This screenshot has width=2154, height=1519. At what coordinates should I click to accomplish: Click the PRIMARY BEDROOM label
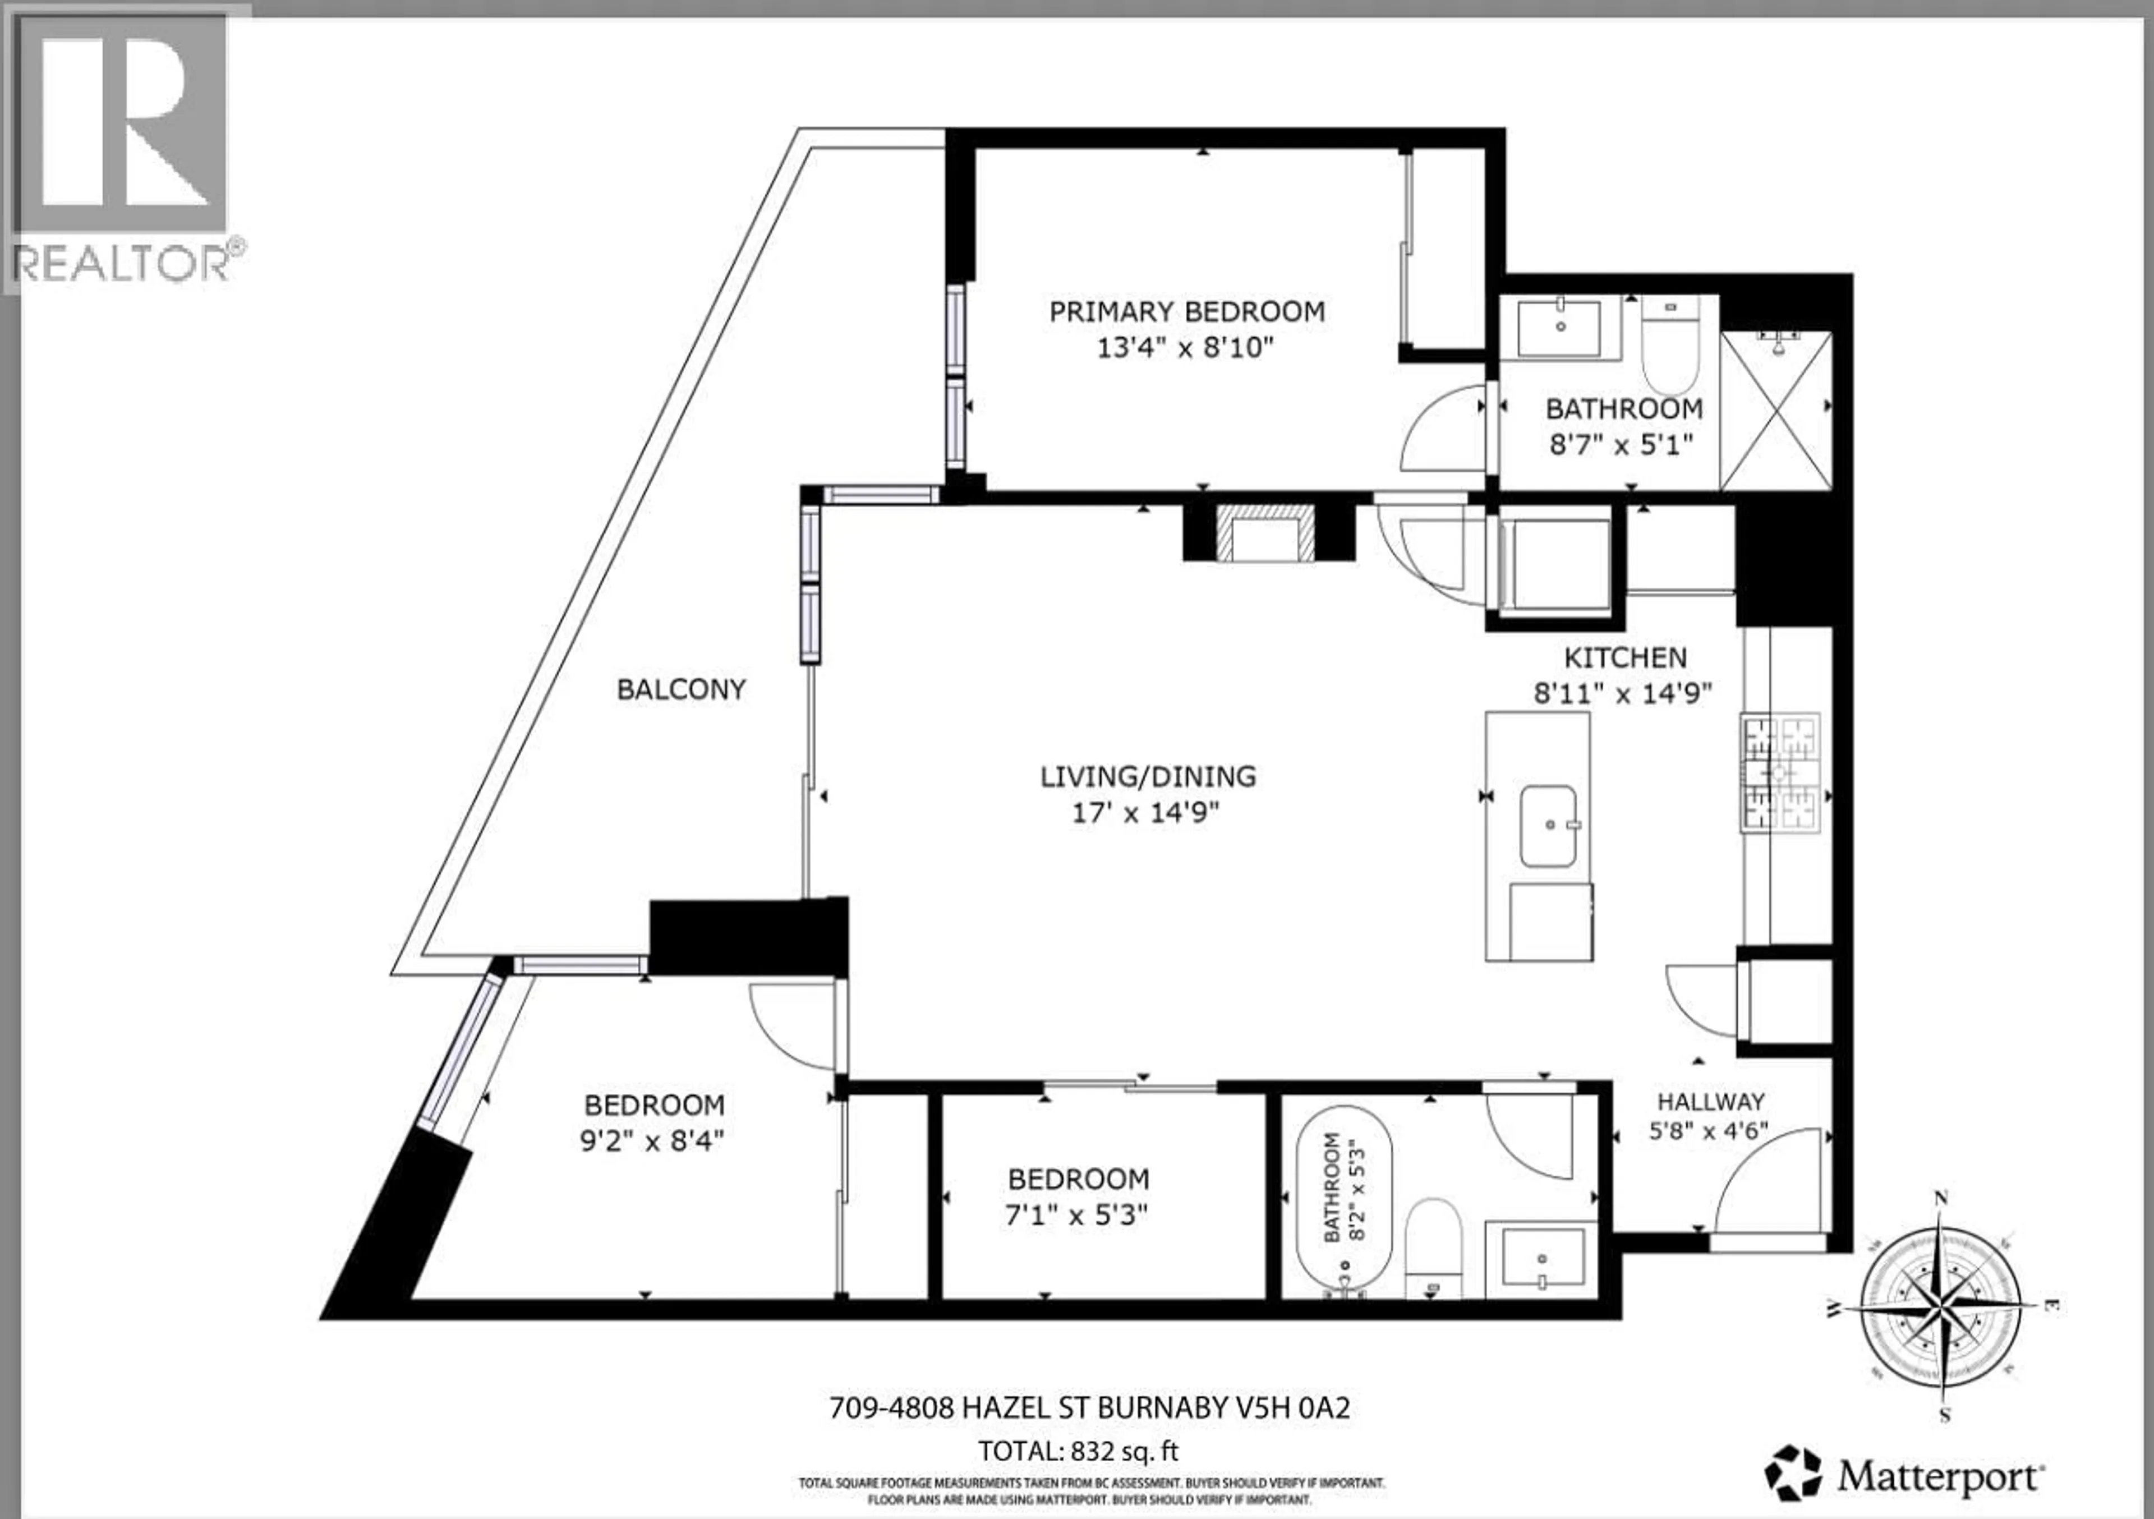(1187, 311)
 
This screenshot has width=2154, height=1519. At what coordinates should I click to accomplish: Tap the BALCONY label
(681, 689)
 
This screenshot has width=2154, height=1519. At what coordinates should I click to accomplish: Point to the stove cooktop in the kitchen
(1780, 773)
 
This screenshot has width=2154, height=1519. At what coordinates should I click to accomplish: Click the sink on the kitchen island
(1548, 826)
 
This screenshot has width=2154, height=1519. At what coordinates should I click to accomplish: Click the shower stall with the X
(1776, 411)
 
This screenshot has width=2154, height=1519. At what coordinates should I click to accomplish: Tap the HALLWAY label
(1710, 1102)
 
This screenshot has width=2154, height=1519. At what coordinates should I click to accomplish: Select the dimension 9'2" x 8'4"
(653, 1141)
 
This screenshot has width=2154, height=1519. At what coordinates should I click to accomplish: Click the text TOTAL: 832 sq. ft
(1078, 1452)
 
